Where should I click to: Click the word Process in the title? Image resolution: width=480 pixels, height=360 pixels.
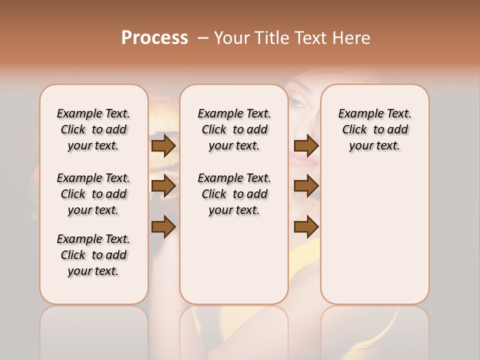click(154, 37)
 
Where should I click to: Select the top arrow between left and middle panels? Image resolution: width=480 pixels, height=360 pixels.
click(163, 145)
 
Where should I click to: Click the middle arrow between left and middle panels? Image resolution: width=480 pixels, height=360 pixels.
click(163, 186)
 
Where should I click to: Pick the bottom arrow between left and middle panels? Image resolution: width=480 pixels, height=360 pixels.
click(163, 226)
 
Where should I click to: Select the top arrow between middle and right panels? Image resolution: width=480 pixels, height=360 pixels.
click(306, 145)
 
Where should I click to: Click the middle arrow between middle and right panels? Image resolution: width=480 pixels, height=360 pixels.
click(306, 186)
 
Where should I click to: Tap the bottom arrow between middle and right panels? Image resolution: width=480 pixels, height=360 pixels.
click(306, 226)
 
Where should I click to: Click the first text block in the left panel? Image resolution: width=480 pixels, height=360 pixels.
click(93, 129)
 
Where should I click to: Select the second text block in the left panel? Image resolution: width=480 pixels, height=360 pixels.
click(93, 194)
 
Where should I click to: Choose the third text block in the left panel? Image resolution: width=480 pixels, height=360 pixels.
click(93, 255)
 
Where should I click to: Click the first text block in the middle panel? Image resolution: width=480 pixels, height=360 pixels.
click(234, 129)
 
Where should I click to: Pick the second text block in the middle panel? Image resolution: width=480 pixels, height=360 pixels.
click(234, 194)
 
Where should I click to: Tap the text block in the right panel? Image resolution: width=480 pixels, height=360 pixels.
click(374, 129)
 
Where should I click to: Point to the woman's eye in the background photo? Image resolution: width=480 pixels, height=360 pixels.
click(297, 102)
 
